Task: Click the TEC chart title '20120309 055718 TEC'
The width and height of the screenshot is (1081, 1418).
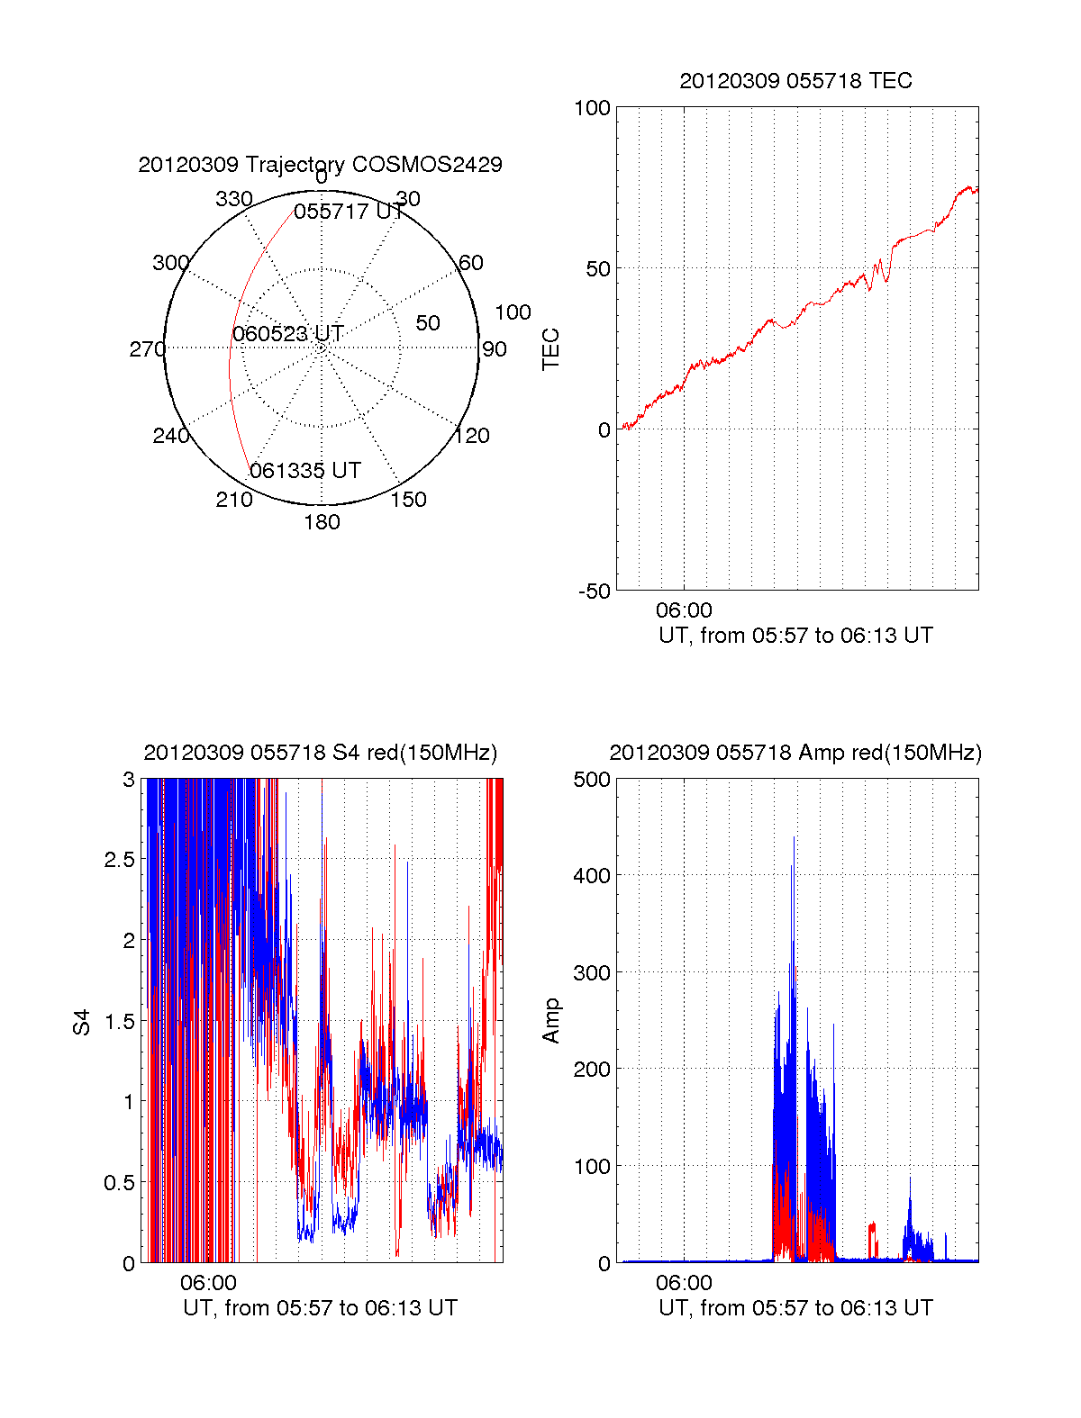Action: click(795, 81)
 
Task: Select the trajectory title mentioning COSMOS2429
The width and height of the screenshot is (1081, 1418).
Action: click(320, 165)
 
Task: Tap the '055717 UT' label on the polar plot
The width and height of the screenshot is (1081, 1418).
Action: click(349, 212)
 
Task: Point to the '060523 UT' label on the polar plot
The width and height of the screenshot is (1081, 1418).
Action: click(288, 334)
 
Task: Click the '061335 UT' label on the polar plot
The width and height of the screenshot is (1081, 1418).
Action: click(305, 471)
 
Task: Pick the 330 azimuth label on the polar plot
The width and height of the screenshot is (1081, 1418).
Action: click(233, 199)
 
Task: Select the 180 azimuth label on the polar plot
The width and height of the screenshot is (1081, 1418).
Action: click(322, 522)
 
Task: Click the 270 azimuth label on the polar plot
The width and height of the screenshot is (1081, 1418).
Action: click(147, 349)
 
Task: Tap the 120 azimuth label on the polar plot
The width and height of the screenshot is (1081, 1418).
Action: click(472, 437)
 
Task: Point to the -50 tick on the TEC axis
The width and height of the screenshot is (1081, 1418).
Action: click(595, 592)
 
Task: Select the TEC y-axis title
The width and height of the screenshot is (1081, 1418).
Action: click(550, 349)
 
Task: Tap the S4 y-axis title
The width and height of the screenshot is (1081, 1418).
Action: click(82, 1022)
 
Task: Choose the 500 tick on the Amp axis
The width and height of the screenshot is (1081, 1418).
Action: click(592, 780)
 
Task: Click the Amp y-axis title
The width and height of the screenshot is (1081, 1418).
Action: click(550, 1021)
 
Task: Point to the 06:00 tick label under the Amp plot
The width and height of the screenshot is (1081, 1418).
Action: click(684, 1283)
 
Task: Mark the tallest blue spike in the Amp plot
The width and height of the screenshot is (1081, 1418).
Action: click(794, 838)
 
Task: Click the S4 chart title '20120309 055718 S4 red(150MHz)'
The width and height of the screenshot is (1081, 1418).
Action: click(320, 753)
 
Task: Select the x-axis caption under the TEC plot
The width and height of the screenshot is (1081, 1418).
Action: click(795, 636)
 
